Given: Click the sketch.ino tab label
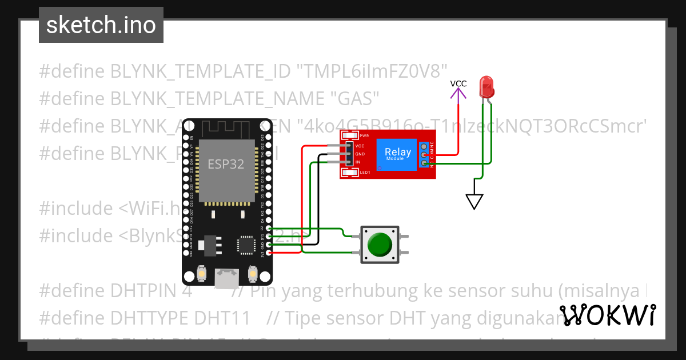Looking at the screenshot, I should [x=101, y=25].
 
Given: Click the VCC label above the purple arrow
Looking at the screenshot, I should [x=458, y=83].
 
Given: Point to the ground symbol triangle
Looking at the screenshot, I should [x=474, y=201].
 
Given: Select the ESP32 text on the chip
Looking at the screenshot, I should [x=225, y=164].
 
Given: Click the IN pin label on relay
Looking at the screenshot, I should [x=358, y=162].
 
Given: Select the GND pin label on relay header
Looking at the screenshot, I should [x=360, y=154].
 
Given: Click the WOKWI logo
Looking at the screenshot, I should [x=607, y=315].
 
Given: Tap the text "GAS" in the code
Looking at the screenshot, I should [x=356, y=98].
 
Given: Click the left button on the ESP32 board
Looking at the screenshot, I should [x=201, y=275].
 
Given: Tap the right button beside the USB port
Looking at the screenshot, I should [x=252, y=275].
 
